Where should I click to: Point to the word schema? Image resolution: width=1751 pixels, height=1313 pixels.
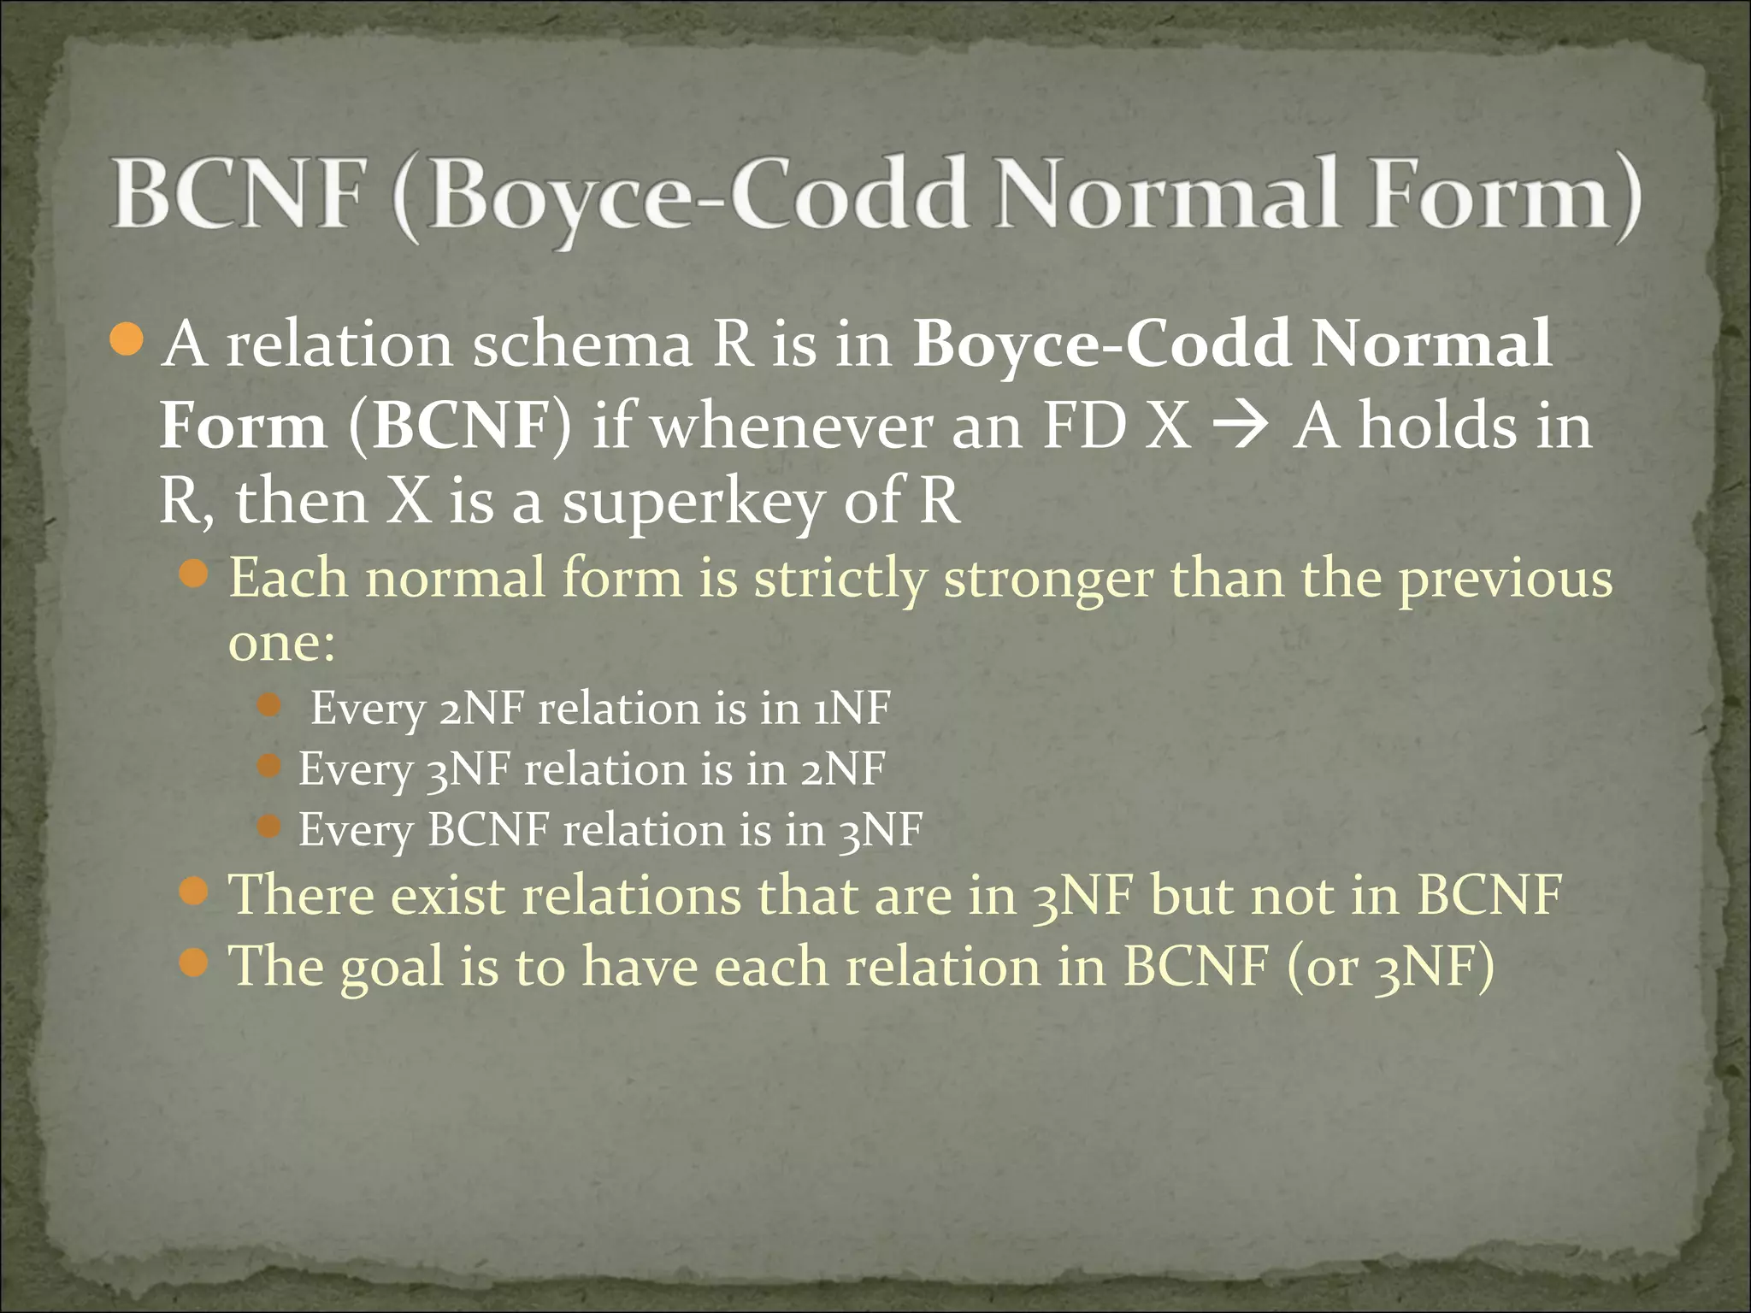pyautogui.click(x=582, y=346)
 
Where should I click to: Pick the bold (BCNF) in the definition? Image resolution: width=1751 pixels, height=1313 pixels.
pyautogui.click(x=459, y=425)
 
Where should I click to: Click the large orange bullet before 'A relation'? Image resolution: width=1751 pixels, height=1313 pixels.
pyautogui.click(x=128, y=341)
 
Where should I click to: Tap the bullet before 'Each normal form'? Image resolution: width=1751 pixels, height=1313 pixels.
pyautogui.click(x=195, y=574)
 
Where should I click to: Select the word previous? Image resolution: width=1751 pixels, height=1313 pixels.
pyautogui.click(x=1506, y=579)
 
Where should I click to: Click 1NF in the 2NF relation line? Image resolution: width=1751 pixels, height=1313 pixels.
pyautogui.click(x=852, y=709)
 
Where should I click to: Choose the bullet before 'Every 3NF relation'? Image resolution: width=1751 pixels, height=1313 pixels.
pyautogui.click(x=268, y=766)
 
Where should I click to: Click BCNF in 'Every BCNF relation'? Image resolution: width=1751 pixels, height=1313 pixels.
pyautogui.click(x=487, y=829)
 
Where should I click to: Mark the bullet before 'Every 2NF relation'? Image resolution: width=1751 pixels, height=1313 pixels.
pyautogui.click(x=268, y=705)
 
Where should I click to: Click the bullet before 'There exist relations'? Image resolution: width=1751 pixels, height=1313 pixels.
pyautogui.click(x=195, y=892)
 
